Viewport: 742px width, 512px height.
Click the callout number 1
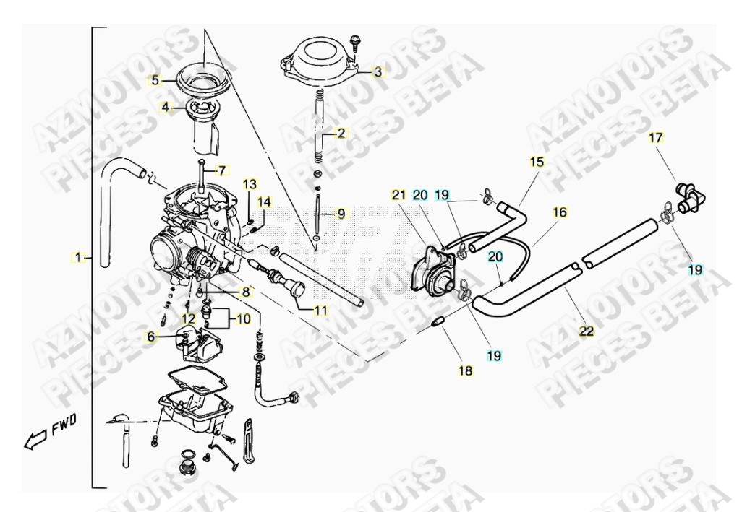point(78,257)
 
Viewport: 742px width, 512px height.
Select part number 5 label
point(155,81)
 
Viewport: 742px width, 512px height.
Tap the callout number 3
point(378,72)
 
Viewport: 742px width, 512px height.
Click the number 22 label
point(586,331)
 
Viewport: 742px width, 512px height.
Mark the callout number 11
point(320,311)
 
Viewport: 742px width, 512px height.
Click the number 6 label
point(151,337)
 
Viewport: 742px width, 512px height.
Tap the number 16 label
point(560,212)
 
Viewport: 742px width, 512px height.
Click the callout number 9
point(341,214)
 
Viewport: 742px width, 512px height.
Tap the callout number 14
point(265,201)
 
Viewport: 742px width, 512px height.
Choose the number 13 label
point(249,183)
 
